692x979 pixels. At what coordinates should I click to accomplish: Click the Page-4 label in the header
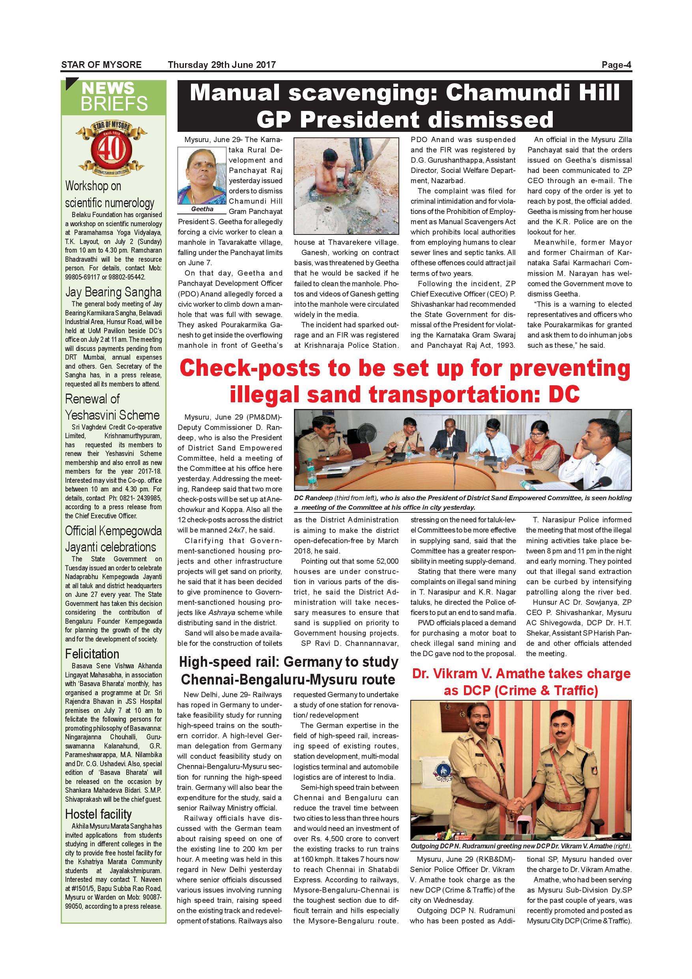(616, 65)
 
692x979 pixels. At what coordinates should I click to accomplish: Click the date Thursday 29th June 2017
(222, 65)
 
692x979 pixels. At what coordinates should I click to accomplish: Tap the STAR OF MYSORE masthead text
(101, 65)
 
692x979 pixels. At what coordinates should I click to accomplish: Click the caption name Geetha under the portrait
(202, 209)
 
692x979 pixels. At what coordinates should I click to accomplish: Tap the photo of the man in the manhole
(346, 186)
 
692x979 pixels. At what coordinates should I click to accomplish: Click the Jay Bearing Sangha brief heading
(113, 292)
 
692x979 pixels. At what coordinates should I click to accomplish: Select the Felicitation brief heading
(92, 654)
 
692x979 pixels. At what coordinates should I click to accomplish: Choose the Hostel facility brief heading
(98, 814)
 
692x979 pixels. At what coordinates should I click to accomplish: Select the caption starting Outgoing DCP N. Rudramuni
(521, 846)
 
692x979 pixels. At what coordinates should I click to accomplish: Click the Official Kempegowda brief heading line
(113, 531)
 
